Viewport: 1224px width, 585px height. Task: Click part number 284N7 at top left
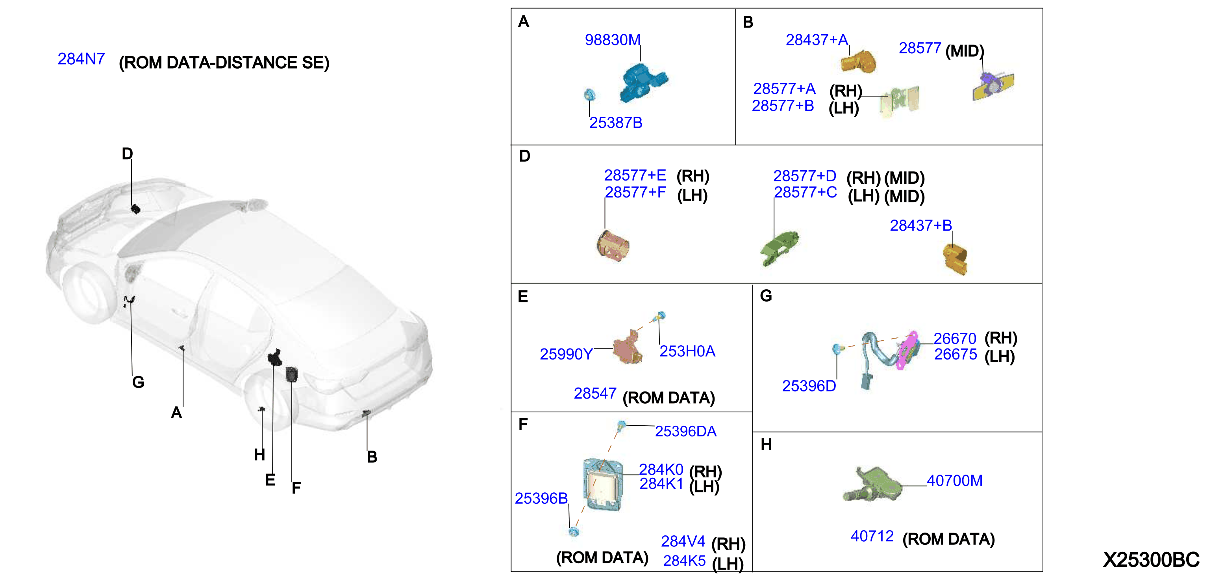click(x=81, y=59)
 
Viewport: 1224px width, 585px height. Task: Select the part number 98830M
click(x=613, y=40)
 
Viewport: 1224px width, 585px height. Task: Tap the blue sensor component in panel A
click(x=643, y=83)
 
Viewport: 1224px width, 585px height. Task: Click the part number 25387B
click(x=616, y=123)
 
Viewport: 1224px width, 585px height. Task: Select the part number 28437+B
click(x=921, y=225)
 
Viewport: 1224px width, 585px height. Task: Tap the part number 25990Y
click(x=566, y=354)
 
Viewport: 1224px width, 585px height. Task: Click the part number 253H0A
click(x=687, y=352)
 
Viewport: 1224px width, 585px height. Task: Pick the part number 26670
click(x=955, y=339)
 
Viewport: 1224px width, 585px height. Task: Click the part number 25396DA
click(x=686, y=431)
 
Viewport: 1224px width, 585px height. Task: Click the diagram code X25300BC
click(x=1151, y=560)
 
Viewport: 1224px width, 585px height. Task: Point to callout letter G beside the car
click(x=138, y=382)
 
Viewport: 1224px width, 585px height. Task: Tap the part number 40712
click(x=872, y=537)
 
